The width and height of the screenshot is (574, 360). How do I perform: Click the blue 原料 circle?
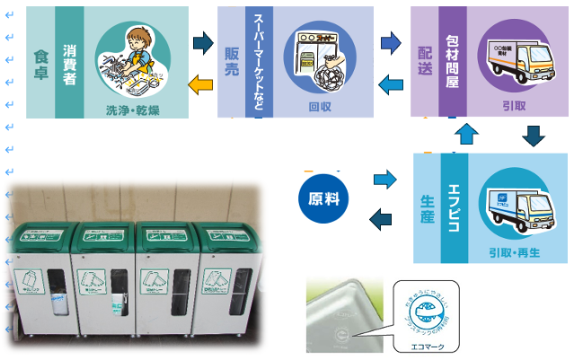pyautogui.click(x=322, y=198)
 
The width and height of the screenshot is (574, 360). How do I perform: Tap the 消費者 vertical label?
pyautogui.click(x=68, y=60)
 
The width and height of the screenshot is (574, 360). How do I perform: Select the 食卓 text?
pyautogui.click(x=40, y=61)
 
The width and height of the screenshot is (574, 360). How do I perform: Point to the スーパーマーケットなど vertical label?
pyautogui.click(x=259, y=60)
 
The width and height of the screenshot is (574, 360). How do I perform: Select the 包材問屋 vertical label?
pyautogui.click(x=452, y=60)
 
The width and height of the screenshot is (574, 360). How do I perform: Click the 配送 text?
pyautogui.click(x=424, y=60)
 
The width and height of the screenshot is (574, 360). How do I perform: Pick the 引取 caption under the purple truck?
pyautogui.click(x=516, y=106)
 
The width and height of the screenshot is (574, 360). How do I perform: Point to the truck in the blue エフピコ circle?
pyautogui.click(x=514, y=202)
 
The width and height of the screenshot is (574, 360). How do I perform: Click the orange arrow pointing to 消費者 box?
pyautogui.click(x=202, y=84)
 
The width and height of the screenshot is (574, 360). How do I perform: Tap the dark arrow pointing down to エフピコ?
pyautogui.click(x=534, y=136)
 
